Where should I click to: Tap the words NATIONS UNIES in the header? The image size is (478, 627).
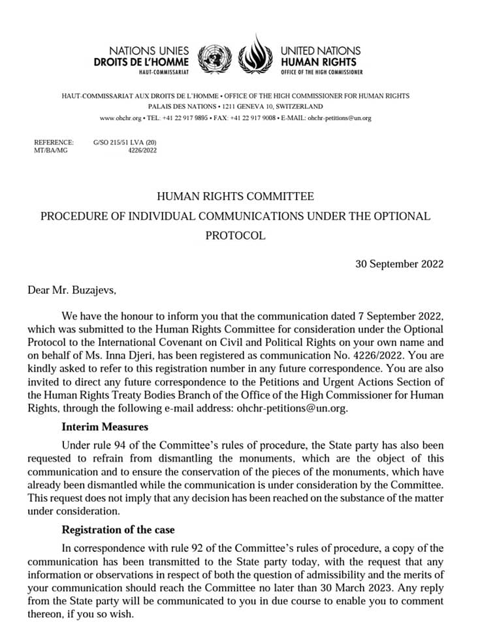tap(149, 50)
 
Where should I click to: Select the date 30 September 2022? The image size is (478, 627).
tap(400, 264)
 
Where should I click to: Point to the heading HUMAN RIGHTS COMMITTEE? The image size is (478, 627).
tap(236, 196)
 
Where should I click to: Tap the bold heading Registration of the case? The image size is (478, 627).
tap(118, 529)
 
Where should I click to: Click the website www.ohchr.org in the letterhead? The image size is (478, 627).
tap(120, 118)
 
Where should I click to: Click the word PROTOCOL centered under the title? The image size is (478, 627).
tap(236, 236)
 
